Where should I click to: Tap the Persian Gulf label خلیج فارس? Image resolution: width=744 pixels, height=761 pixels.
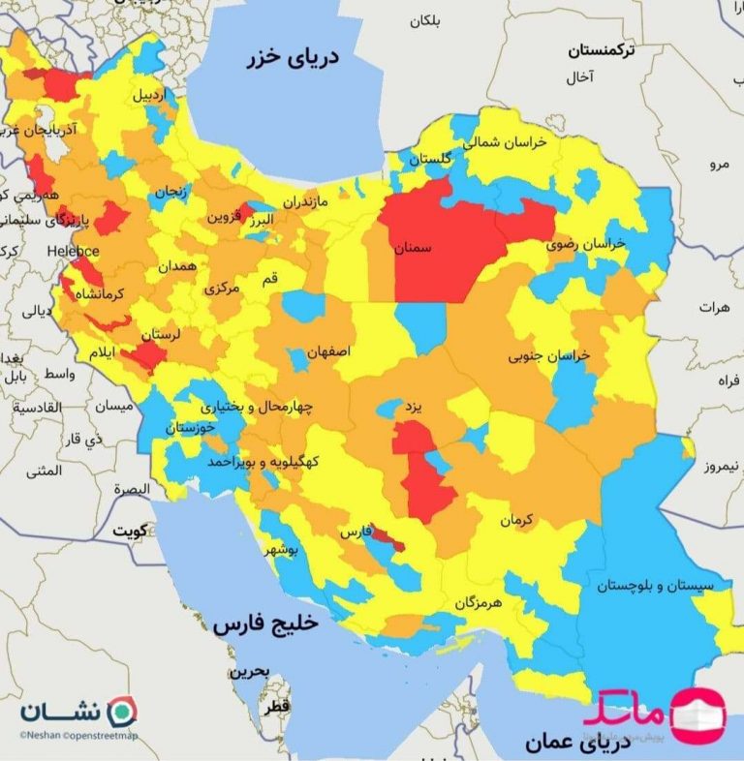coord(265,625)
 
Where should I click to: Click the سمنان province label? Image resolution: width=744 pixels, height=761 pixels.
coord(413,249)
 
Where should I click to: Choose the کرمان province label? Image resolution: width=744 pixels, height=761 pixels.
coord(517,521)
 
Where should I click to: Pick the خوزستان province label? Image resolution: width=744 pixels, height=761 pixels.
coord(191,427)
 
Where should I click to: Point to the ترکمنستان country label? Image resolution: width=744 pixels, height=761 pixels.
coord(602,49)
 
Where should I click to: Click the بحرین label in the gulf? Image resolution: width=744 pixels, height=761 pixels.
coord(249,671)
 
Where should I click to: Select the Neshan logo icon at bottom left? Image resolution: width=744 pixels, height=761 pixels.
coord(120,710)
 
